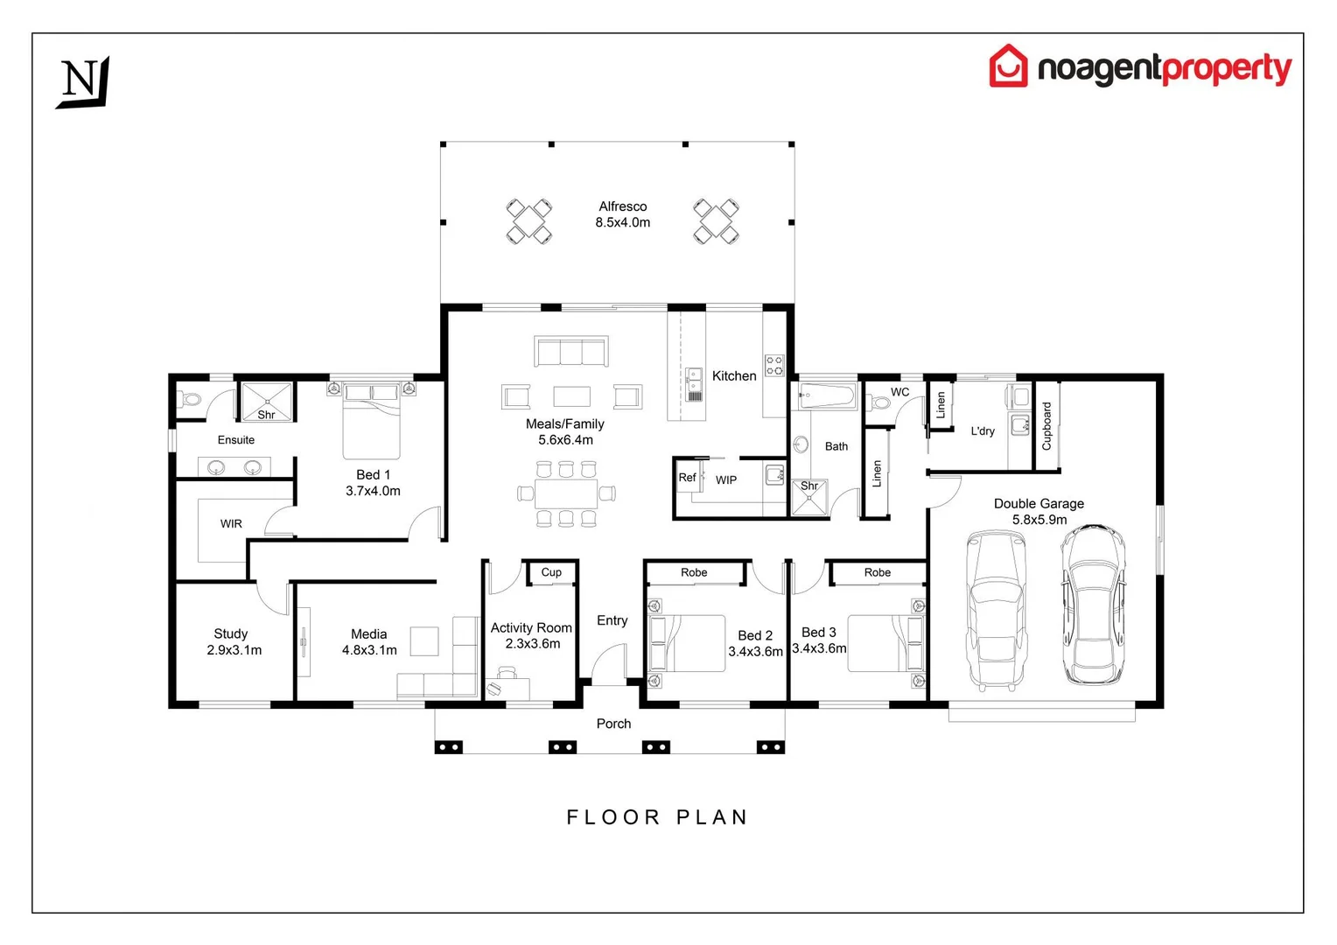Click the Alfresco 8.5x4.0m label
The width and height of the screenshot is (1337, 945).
point(622,214)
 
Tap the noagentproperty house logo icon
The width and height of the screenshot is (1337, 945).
point(1008,66)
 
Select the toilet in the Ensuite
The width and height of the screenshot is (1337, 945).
point(190,400)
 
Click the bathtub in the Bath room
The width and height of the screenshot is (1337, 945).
point(826,396)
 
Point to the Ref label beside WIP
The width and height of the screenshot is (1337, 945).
point(687,478)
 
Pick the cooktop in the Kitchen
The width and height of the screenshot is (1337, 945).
point(774,366)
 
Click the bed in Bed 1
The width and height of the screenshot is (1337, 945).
point(372,420)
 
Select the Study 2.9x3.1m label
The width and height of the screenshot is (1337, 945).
point(233,641)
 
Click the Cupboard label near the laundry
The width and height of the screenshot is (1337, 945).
point(1046,426)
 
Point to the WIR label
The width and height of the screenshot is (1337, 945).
point(231,524)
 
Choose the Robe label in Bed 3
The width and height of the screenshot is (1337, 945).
point(877,573)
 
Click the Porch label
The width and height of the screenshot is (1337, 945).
point(613,724)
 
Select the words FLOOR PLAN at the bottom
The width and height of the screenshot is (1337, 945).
point(657,817)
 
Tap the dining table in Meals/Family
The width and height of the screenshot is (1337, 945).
point(566,493)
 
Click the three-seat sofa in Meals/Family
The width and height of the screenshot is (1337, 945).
point(570,352)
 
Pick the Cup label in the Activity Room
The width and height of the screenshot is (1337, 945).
point(551,572)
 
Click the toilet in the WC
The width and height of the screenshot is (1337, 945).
point(878,403)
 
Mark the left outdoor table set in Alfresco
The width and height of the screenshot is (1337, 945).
point(529,221)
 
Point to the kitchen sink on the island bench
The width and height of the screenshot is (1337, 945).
point(694,378)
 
